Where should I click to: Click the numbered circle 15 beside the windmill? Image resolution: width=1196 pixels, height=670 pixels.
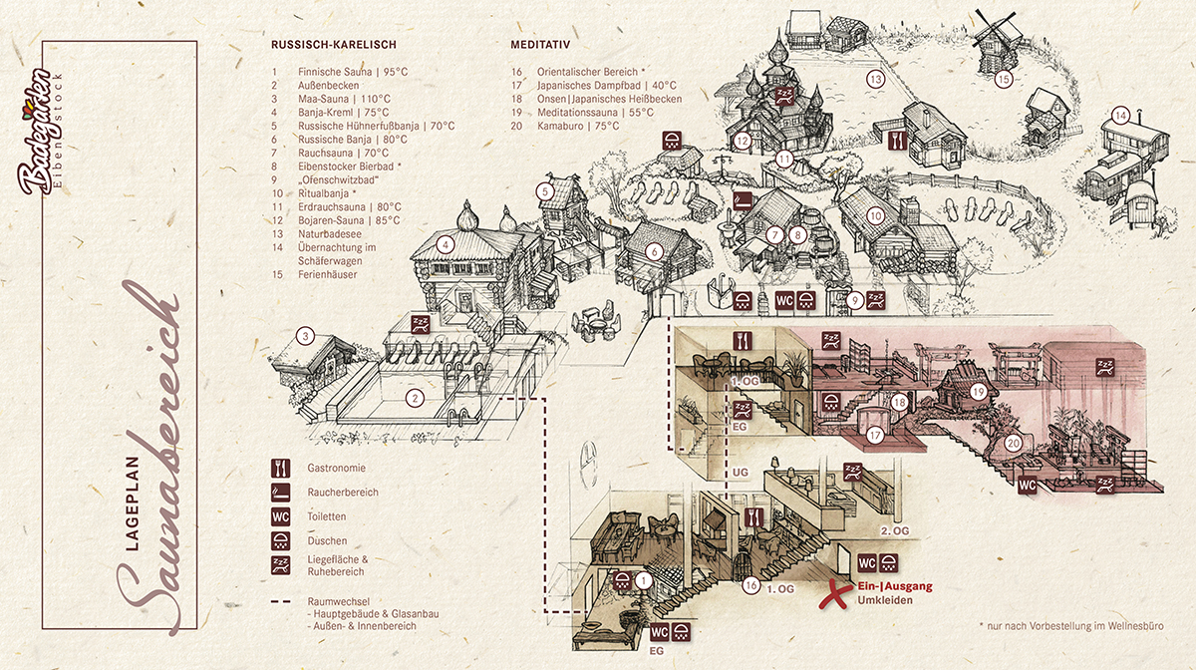click(x=1004, y=79)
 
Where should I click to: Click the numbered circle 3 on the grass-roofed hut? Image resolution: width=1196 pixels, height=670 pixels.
click(x=307, y=336)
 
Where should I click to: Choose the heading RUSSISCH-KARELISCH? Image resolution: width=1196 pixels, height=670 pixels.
click(x=334, y=45)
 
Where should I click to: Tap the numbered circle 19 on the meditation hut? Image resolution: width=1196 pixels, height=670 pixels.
click(x=979, y=392)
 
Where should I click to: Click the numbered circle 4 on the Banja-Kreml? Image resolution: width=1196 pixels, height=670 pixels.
click(x=447, y=244)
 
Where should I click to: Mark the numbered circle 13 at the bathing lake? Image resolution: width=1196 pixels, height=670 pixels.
click(x=875, y=79)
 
